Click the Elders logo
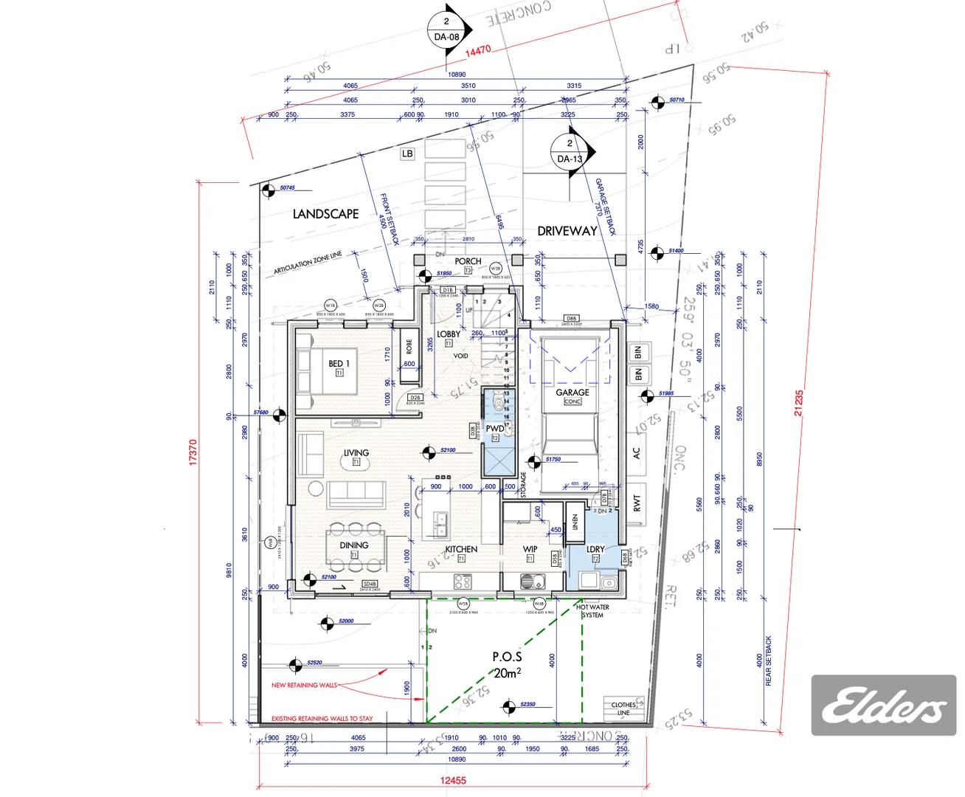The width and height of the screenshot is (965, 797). coord(883,705)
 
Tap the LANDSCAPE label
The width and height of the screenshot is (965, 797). coord(325,214)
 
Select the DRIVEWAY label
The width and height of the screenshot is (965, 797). coord(567,231)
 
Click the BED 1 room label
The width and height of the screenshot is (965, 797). coord(339,364)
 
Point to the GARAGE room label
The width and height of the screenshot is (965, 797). coord(573,393)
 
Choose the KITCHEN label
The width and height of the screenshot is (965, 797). coord(461,549)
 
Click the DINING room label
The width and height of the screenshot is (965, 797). coord(354,545)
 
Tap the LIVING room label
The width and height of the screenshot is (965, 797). coord(356,453)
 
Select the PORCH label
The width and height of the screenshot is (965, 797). coord(468,261)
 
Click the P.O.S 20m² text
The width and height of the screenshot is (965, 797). coord(507,664)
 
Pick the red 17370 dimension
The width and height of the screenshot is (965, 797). coord(193,452)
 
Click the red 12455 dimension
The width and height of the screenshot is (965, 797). coord(453,780)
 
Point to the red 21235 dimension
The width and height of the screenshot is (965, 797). coord(798,402)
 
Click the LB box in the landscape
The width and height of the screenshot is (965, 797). coord(407,153)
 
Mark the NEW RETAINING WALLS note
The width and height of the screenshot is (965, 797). coord(304,685)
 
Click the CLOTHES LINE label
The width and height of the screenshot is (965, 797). coord(623,708)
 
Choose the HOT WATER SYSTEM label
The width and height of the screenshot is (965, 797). coord(592,611)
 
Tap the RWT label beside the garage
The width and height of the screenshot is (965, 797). coord(637,503)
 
